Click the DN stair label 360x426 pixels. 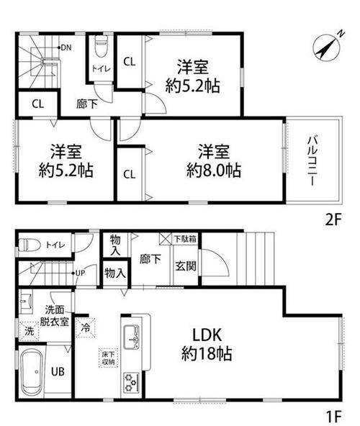click(x=66, y=47)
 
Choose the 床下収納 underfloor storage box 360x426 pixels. click(x=107, y=358)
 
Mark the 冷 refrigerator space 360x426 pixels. click(x=86, y=325)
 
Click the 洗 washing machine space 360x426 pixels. click(x=30, y=332)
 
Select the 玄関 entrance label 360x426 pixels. click(x=183, y=264)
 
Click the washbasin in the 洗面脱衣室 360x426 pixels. click(x=26, y=302)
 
